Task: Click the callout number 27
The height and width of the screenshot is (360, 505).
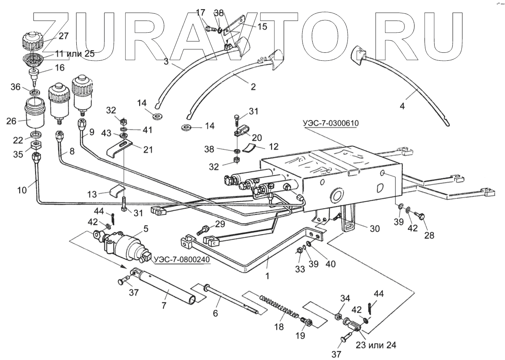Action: point(64,36)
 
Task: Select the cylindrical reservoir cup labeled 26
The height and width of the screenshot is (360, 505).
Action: point(35,114)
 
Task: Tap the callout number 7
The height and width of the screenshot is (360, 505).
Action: point(164,305)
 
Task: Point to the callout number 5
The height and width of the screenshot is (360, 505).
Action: point(146,229)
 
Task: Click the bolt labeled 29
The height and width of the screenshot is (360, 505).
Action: point(205,230)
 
